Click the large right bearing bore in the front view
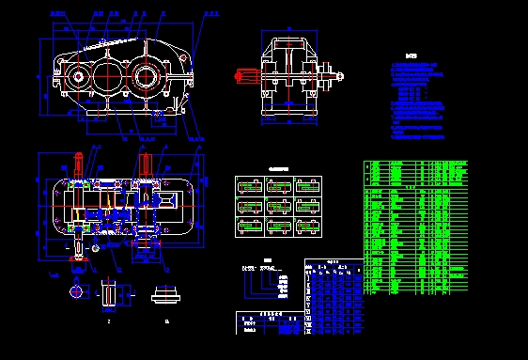point(147,74)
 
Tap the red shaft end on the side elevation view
point(247,74)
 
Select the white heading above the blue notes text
point(410,55)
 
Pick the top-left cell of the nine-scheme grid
point(249,186)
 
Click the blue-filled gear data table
point(334,297)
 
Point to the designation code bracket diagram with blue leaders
point(270,279)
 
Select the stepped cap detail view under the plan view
point(166,294)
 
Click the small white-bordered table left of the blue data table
point(269,322)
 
